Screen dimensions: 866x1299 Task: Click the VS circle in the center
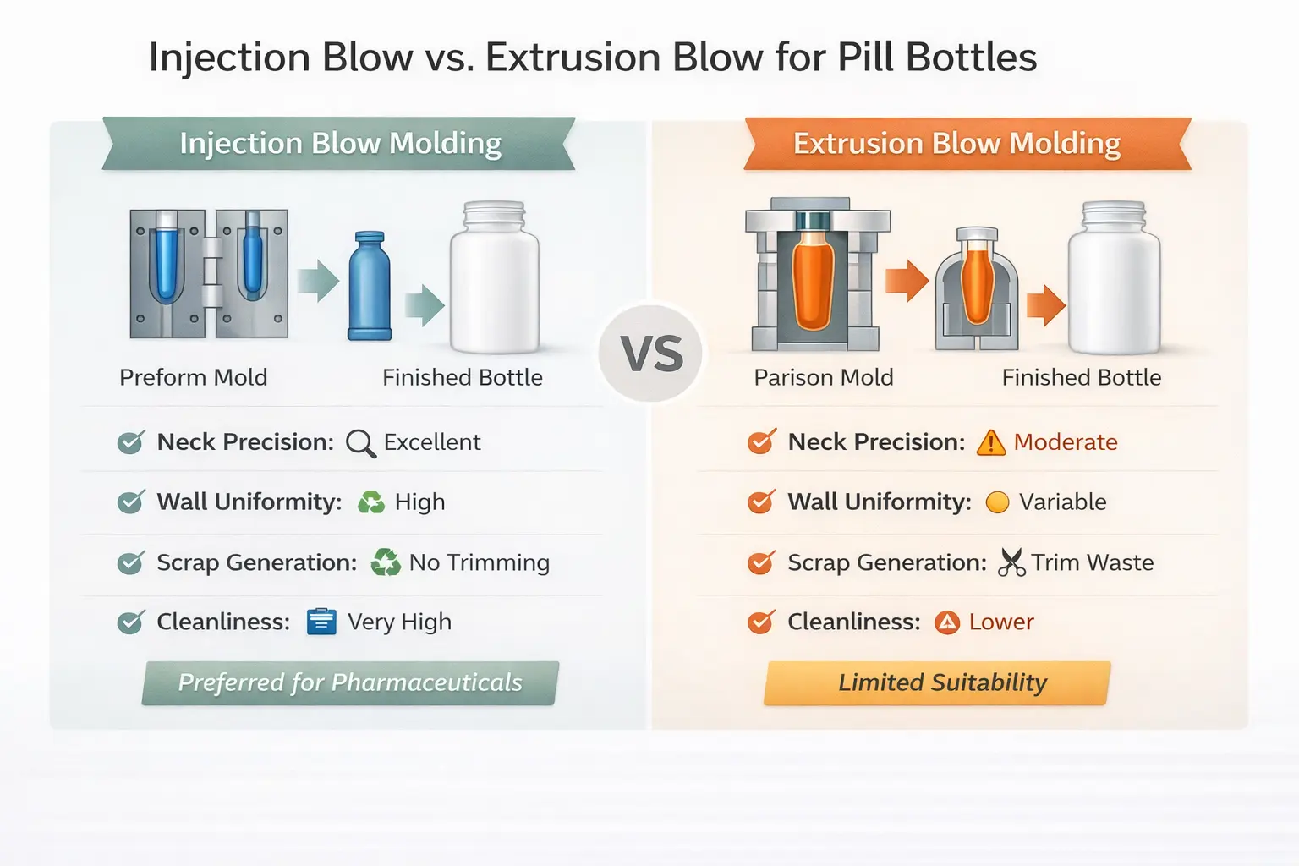(x=650, y=354)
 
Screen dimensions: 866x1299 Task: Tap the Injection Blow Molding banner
(x=339, y=144)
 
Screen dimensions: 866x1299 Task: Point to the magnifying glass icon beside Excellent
(x=360, y=443)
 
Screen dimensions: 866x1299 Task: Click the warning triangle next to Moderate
(x=990, y=442)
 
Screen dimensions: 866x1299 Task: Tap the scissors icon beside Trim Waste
(x=1011, y=562)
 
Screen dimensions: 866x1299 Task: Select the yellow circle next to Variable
(x=997, y=502)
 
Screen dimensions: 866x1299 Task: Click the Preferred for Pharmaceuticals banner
(x=350, y=682)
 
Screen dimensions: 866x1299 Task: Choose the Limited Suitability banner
(x=938, y=682)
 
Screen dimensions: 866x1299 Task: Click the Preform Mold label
(x=193, y=377)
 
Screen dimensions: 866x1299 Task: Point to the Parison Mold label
(x=823, y=377)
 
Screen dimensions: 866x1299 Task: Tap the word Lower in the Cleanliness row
(x=1001, y=622)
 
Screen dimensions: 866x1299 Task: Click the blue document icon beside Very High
(x=321, y=622)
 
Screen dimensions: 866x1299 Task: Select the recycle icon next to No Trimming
(x=386, y=562)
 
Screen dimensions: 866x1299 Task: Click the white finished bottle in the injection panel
(x=494, y=279)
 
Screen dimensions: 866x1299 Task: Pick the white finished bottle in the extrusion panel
(x=1114, y=279)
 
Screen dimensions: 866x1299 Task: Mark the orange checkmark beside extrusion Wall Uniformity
(x=760, y=502)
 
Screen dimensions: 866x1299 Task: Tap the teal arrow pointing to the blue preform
(x=317, y=281)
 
